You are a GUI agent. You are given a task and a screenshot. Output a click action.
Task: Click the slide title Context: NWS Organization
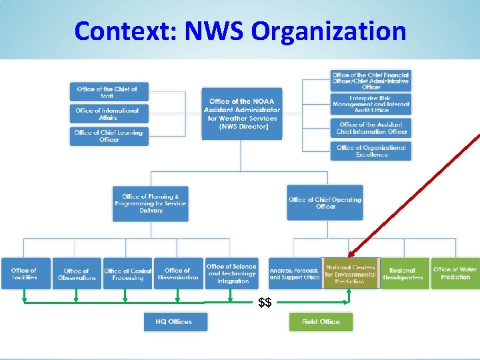point(240,31)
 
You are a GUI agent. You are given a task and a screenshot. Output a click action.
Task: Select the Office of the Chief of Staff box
point(108,93)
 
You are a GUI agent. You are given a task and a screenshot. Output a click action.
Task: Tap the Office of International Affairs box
point(108,114)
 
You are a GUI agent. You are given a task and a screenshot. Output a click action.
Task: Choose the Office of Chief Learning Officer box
point(108,136)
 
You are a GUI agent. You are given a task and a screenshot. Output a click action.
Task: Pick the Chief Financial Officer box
point(371,81)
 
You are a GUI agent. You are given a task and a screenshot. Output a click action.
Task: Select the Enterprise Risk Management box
point(371,103)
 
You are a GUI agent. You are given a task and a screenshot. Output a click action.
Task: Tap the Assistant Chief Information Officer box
point(371,128)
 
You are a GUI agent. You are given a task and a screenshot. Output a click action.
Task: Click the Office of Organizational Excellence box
point(371,151)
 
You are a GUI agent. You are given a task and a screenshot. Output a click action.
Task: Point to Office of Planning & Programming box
point(150,203)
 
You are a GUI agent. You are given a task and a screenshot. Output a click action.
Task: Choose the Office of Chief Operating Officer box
point(325,203)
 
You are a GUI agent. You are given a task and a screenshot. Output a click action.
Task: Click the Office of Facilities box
point(25,273)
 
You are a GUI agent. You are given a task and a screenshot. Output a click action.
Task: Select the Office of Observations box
point(77,274)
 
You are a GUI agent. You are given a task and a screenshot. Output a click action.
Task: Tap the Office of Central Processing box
point(128,274)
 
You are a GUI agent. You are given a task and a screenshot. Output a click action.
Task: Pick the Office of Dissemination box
point(178,274)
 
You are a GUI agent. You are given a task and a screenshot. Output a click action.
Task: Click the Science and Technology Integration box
point(232,273)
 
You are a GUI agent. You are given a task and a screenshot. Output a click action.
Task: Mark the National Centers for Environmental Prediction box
point(350,273)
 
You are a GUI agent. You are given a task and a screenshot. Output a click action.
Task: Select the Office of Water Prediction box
point(455,273)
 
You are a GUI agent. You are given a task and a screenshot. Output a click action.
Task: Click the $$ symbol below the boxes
point(265,303)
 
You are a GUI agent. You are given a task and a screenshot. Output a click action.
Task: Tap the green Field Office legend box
point(321,322)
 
